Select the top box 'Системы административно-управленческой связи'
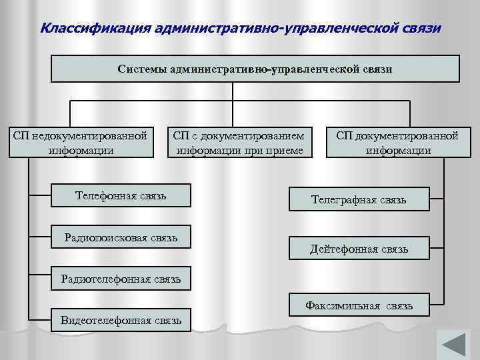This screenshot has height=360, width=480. point(255,69)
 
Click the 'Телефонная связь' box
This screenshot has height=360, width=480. point(121,196)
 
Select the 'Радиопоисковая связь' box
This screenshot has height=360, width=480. point(121,237)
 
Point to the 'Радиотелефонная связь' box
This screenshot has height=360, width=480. point(121,279)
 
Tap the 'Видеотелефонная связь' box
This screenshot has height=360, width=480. point(121,320)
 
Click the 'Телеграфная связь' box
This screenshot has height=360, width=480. point(359,199)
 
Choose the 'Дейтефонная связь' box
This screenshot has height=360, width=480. point(359,249)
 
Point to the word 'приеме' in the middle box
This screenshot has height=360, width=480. point(285,150)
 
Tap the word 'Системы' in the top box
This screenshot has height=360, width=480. point(142,69)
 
